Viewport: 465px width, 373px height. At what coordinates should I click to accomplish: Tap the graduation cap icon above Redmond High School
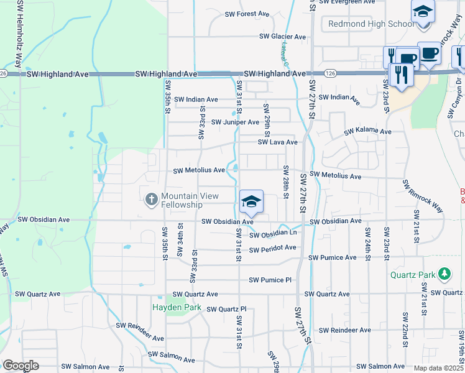coord(423,12)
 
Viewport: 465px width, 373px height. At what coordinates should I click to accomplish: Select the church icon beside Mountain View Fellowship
coord(150,200)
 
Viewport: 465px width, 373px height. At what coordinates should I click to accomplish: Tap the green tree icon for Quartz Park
coord(444,274)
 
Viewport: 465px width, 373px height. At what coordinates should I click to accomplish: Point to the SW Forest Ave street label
coord(247,14)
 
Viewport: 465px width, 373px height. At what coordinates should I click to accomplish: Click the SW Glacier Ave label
coord(283,37)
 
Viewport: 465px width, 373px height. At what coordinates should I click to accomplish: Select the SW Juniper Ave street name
coord(235,122)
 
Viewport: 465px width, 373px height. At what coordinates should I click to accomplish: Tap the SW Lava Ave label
coord(278,142)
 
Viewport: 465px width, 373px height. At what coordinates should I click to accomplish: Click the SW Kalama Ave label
coord(368,132)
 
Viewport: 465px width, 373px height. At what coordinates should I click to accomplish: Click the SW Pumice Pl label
coord(270,280)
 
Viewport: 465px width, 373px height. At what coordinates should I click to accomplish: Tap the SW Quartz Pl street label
coord(227,309)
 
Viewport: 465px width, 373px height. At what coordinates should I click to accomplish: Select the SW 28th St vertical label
coord(285,182)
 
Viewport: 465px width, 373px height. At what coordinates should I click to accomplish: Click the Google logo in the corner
coord(21,366)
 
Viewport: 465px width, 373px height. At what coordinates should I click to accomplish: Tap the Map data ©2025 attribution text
coord(438,368)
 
